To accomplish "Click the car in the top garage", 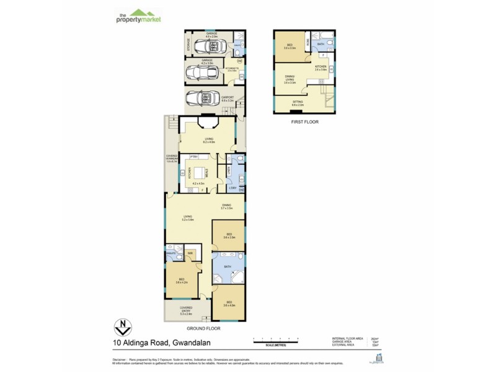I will pyautogui.click(x=205, y=46).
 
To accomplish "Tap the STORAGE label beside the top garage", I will pyautogui.click(x=188, y=45).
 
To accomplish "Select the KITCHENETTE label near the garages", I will pyautogui.click(x=232, y=69).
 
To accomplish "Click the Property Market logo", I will pyautogui.click(x=138, y=17).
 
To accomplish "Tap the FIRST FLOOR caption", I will pyautogui.click(x=304, y=122).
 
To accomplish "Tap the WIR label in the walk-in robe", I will pyautogui.click(x=191, y=253).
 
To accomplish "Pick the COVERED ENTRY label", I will pyautogui.click(x=186, y=308).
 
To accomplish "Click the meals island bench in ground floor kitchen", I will pyautogui.click(x=200, y=174).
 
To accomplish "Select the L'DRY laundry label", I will pyautogui.click(x=232, y=188).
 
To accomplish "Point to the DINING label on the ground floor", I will pyautogui.click(x=227, y=205).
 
